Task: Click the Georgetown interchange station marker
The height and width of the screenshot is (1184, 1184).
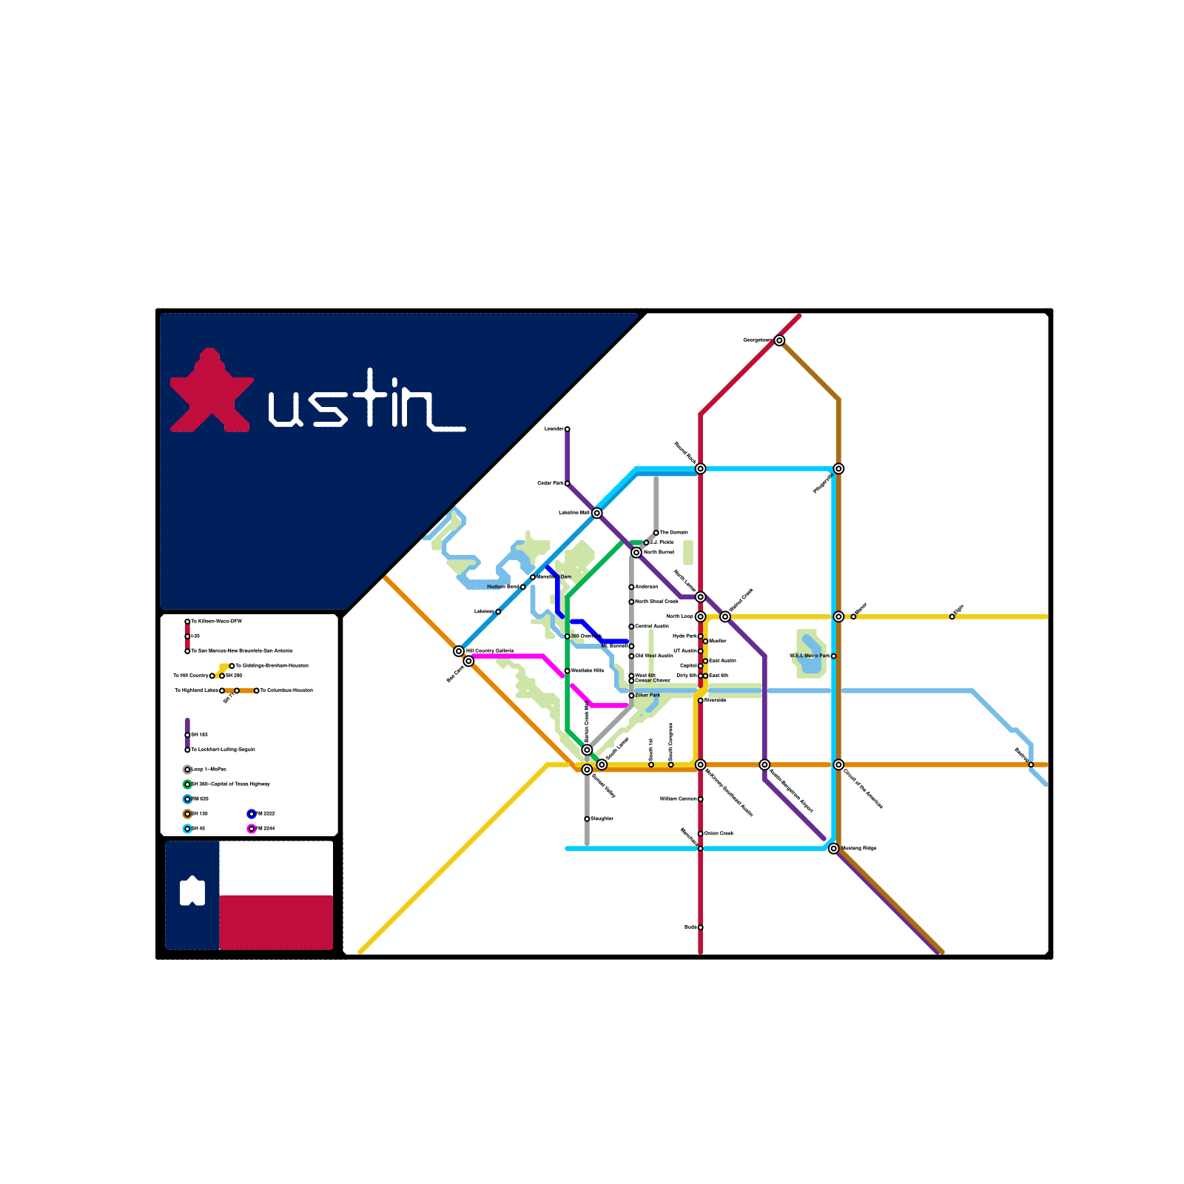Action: pyautogui.click(x=779, y=340)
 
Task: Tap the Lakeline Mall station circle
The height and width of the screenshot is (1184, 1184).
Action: pyautogui.click(x=597, y=514)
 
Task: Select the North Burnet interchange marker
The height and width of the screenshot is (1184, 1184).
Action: pyautogui.click(x=636, y=553)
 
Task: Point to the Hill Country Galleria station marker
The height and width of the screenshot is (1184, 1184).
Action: pyautogui.click(x=459, y=651)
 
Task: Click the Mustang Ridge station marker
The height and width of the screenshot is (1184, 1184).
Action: pyautogui.click(x=834, y=849)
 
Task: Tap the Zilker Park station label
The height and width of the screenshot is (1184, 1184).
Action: pyautogui.click(x=647, y=696)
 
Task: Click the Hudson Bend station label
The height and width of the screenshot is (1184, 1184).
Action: pyautogui.click(x=502, y=587)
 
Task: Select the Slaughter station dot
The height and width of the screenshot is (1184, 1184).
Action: pyautogui.click(x=587, y=819)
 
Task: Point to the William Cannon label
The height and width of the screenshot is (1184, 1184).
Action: pyautogui.click(x=678, y=799)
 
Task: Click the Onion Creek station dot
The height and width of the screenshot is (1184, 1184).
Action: pyautogui.click(x=701, y=834)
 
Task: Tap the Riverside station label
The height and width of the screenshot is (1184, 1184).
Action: pyautogui.click(x=716, y=700)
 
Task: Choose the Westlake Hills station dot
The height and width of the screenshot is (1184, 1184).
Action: pyautogui.click(x=568, y=671)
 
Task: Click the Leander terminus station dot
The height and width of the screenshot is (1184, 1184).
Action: pyautogui.click(x=568, y=429)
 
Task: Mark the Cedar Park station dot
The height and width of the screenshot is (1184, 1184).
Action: pyautogui.click(x=568, y=483)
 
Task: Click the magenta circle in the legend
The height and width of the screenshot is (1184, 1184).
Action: pyautogui.click(x=252, y=829)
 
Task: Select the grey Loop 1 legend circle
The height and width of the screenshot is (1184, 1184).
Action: pyautogui.click(x=187, y=770)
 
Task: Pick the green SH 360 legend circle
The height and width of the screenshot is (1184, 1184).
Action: pyautogui.click(x=187, y=784)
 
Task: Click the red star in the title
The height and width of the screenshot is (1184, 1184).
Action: pyautogui.click(x=211, y=392)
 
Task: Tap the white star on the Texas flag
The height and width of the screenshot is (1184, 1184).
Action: pyautogui.click(x=192, y=891)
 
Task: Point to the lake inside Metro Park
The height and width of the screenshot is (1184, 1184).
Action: pyautogui.click(x=812, y=655)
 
